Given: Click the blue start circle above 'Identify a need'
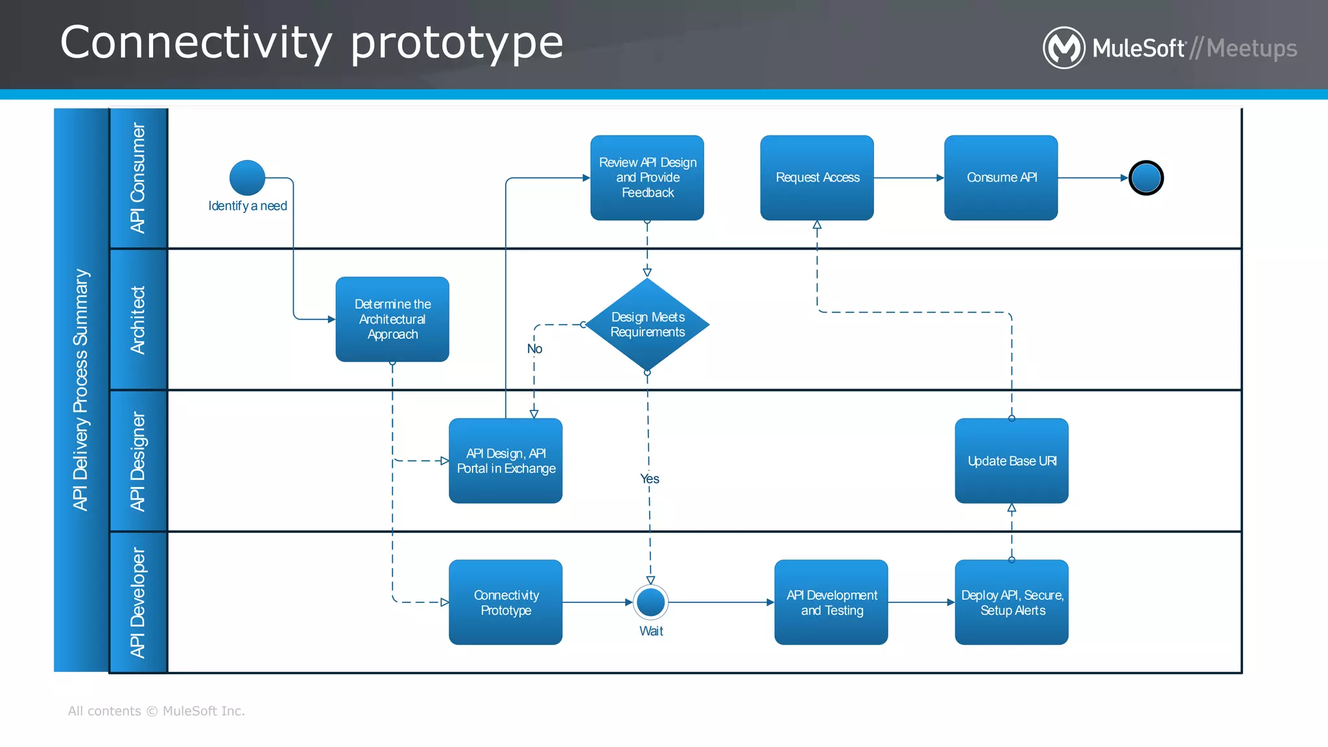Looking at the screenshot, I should pyautogui.click(x=247, y=177).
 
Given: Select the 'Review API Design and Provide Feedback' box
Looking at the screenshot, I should pyautogui.click(x=647, y=178).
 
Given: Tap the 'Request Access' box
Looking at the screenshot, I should pyautogui.click(x=817, y=178).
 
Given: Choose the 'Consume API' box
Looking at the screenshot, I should pyautogui.click(x=1001, y=178).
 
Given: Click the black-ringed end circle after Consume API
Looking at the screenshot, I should pyautogui.click(x=1146, y=178).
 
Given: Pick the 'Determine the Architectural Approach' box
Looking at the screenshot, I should pyautogui.click(x=392, y=319).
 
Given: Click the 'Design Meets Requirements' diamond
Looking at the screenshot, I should pyautogui.click(x=647, y=324).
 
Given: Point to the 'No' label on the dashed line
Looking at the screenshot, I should pyautogui.click(x=534, y=349).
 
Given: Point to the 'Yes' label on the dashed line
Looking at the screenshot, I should pyautogui.click(x=649, y=479).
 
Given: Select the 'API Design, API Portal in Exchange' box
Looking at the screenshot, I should pyautogui.click(x=506, y=460).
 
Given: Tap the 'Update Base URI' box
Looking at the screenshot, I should pyautogui.click(x=1012, y=460).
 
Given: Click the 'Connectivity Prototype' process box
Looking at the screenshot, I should pyautogui.click(x=506, y=602).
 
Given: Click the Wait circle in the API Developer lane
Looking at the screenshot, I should pyautogui.click(x=650, y=602).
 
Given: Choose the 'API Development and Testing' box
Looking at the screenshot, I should pyautogui.click(x=831, y=602).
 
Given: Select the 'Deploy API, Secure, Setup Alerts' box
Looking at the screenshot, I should pyautogui.click(x=1012, y=602).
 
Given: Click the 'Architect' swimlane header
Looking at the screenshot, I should pyautogui.click(x=138, y=320).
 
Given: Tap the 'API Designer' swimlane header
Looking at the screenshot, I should pyautogui.click(x=138, y=461).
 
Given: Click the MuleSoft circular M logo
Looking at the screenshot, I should pyautogui.click(x=1063, y=47).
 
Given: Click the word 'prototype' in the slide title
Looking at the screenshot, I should pyautogui.click(x=456, y=43).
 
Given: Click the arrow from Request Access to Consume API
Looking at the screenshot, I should pyautogui.click(x=908, y=178).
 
